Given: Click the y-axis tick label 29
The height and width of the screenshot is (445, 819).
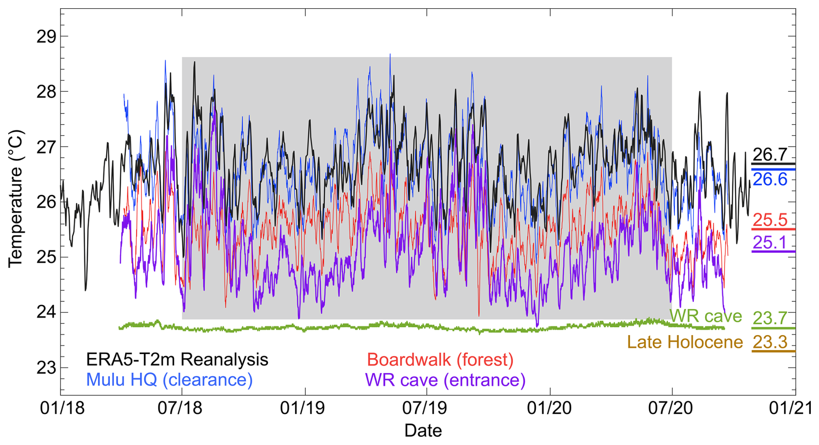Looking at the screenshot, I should tap(46, 37).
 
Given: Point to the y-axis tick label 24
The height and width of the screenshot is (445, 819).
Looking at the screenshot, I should tap(46, 313).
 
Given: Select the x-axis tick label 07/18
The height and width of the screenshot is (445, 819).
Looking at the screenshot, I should tap(180, 409).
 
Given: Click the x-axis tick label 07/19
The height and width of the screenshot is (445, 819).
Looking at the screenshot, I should tap(426, 409).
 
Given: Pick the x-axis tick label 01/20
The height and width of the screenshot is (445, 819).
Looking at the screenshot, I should tap(548, 409).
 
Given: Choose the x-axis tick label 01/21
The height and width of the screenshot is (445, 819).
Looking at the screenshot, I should tap(790, 409).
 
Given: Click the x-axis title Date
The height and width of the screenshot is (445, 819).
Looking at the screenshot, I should tap(423, 431).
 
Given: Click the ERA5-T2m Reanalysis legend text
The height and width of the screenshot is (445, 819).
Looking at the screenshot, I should tap(177, 360).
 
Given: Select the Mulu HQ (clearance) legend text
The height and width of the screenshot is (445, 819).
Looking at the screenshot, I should tap(169, 380).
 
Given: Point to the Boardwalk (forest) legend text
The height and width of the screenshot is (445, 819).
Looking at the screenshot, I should tap(440, 360).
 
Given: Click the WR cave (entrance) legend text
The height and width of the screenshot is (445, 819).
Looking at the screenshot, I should tap(445, 380).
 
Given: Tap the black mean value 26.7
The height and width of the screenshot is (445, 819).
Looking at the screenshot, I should tap(770, 155).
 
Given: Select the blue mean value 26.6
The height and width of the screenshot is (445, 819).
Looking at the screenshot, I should tap(770, 179).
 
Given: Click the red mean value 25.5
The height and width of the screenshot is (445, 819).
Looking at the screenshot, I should tap(770, 220).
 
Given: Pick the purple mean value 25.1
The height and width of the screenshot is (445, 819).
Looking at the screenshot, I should tap(770, 243).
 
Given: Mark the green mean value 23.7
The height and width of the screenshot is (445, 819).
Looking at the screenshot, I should tap(770, 318).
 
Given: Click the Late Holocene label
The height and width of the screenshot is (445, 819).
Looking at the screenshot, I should tap(685, 342).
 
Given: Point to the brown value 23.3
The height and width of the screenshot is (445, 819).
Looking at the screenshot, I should tap(770, 342).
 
